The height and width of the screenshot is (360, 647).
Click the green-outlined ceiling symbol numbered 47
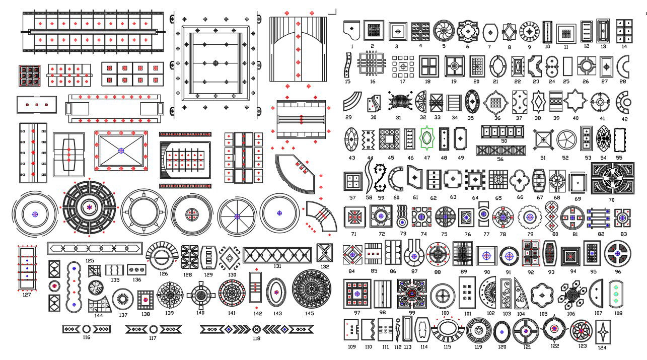point(427,138)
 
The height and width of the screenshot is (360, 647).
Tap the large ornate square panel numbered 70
point(612,178)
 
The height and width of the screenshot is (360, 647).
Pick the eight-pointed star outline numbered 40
point(575,101)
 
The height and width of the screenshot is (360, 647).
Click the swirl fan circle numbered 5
point(444,31)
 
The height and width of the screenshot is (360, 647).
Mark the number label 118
point(256,338)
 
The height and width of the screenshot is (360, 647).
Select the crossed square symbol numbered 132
point(324,253)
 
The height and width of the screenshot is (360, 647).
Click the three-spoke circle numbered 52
point(565,139)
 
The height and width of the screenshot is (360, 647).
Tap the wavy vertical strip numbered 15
point(347,66)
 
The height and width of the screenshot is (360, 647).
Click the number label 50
point(504,141)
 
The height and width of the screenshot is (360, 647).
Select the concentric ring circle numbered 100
point(443,295)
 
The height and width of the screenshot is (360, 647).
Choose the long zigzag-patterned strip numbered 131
point(277,255)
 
